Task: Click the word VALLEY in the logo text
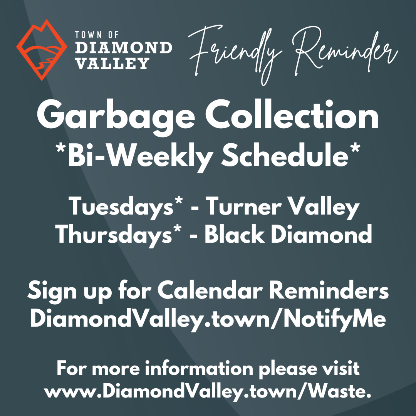point(112,63)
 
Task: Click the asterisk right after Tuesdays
point(178,203)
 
